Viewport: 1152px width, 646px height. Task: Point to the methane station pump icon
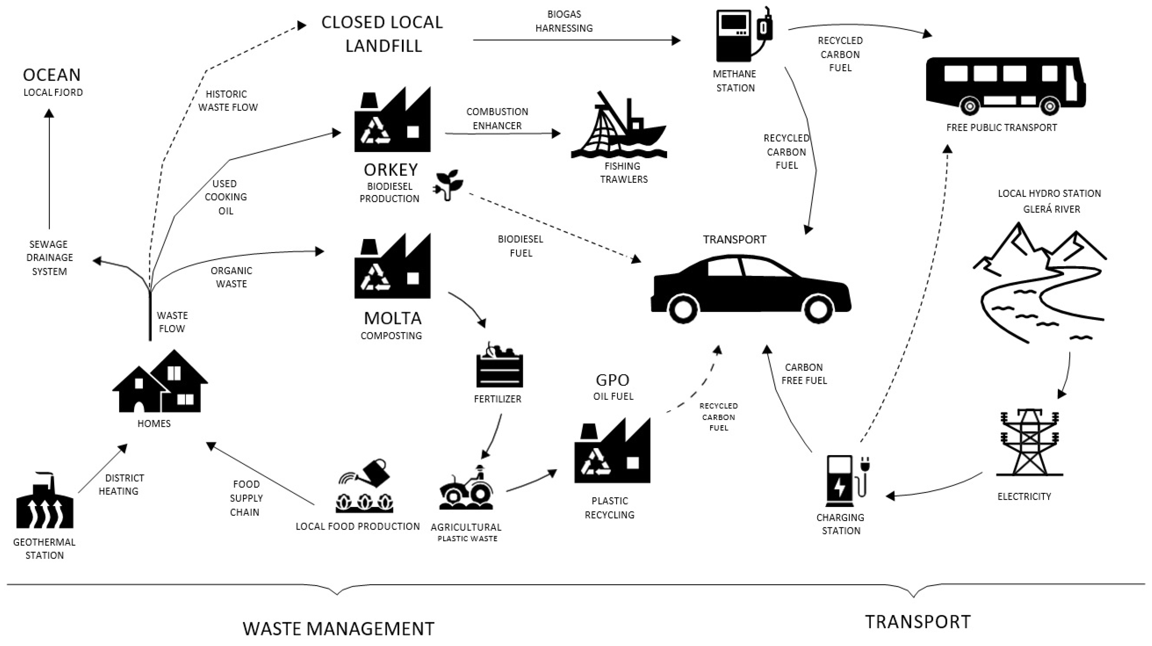742,36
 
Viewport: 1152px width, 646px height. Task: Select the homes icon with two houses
160,383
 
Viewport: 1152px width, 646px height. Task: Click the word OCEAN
52,75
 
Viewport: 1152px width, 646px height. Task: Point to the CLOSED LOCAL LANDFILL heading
382,34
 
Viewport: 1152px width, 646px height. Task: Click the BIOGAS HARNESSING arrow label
564,21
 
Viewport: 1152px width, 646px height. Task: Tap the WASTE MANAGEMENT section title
338,629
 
